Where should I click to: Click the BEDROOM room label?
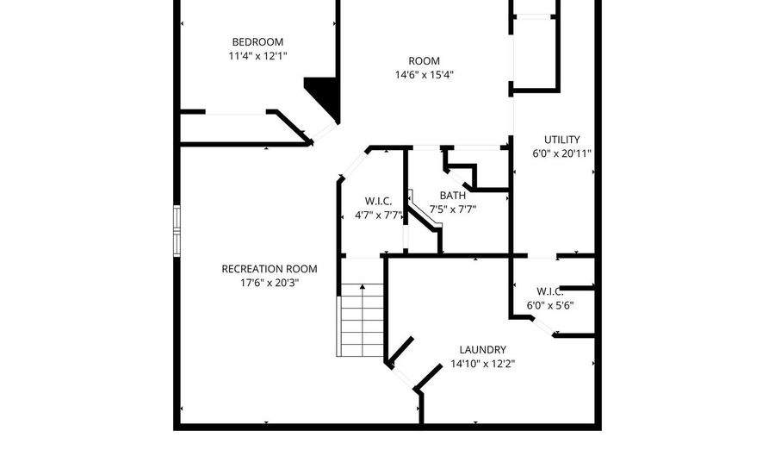pyautogui.click(x=257, y=41)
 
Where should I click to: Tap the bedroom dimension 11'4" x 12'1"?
pyautogui.click(x=257, y=55)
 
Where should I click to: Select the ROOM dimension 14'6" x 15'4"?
pyautogui.click(x=424, y=74)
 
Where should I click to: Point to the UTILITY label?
pyautogui.click(x=561, y=140)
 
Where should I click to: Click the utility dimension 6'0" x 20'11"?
pyautogui.click(x=561, y=153)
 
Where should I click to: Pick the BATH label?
pyautogui.click(x=453, y=195)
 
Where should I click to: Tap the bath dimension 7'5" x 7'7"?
pyautogui.click(x=453, y=209)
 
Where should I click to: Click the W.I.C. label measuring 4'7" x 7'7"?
pyautogui.click(x=378, y=201)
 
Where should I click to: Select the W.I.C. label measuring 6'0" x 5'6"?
pyautogui.click(x=549, y=290)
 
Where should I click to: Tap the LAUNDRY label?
pyautogui.click(x=482, y=349)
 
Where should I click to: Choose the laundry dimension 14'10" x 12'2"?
pyautogui.click(x=482, y=363)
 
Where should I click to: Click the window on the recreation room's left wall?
pyautogui.click(x=177, y=231)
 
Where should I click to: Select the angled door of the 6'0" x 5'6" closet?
pyautogui.click(x=542, y=326)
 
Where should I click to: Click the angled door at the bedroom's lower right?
pyautogui.click(x=323, y=129)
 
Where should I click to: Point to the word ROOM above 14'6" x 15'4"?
pyautogui.click(x=424, y=60)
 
